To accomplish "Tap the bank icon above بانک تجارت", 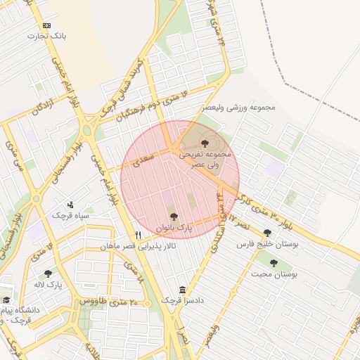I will pos(47,25).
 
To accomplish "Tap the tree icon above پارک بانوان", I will pos(174,217).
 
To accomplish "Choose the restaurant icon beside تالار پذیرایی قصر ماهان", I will pos(139,235).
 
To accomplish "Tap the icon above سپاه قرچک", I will pos(70,205).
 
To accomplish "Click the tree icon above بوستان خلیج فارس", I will pos(267,233).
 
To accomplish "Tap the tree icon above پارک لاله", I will pos(48,274).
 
